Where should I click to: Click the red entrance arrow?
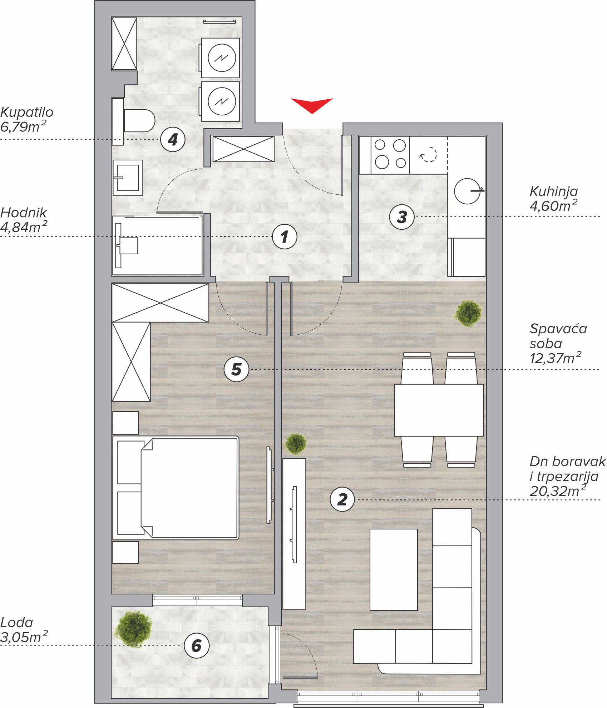(x=312, y=105)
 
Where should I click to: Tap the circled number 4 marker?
(x=173, y=139)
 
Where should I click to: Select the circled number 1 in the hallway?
(x=285, y=236)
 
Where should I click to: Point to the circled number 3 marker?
(x=402, y=217)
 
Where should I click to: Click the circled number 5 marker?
(x=236, y=369)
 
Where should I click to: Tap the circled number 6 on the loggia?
(x=197, y=645)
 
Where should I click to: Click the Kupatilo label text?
(x=27, y=112)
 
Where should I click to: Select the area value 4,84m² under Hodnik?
(x=24, y=227)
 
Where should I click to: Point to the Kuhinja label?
(x=554, y=191)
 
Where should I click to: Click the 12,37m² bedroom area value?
(x=556, y=358)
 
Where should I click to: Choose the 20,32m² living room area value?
(x=558, y=491)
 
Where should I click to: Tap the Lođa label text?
(x=16, y=623)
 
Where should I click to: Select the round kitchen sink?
(x=468, y=191)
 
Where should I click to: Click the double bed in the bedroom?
(x=176, y=488)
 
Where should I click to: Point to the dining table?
(x=439, y=410)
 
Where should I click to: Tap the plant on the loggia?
(x=133, y=629)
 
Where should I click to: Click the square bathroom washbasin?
(x=128, y=178)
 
